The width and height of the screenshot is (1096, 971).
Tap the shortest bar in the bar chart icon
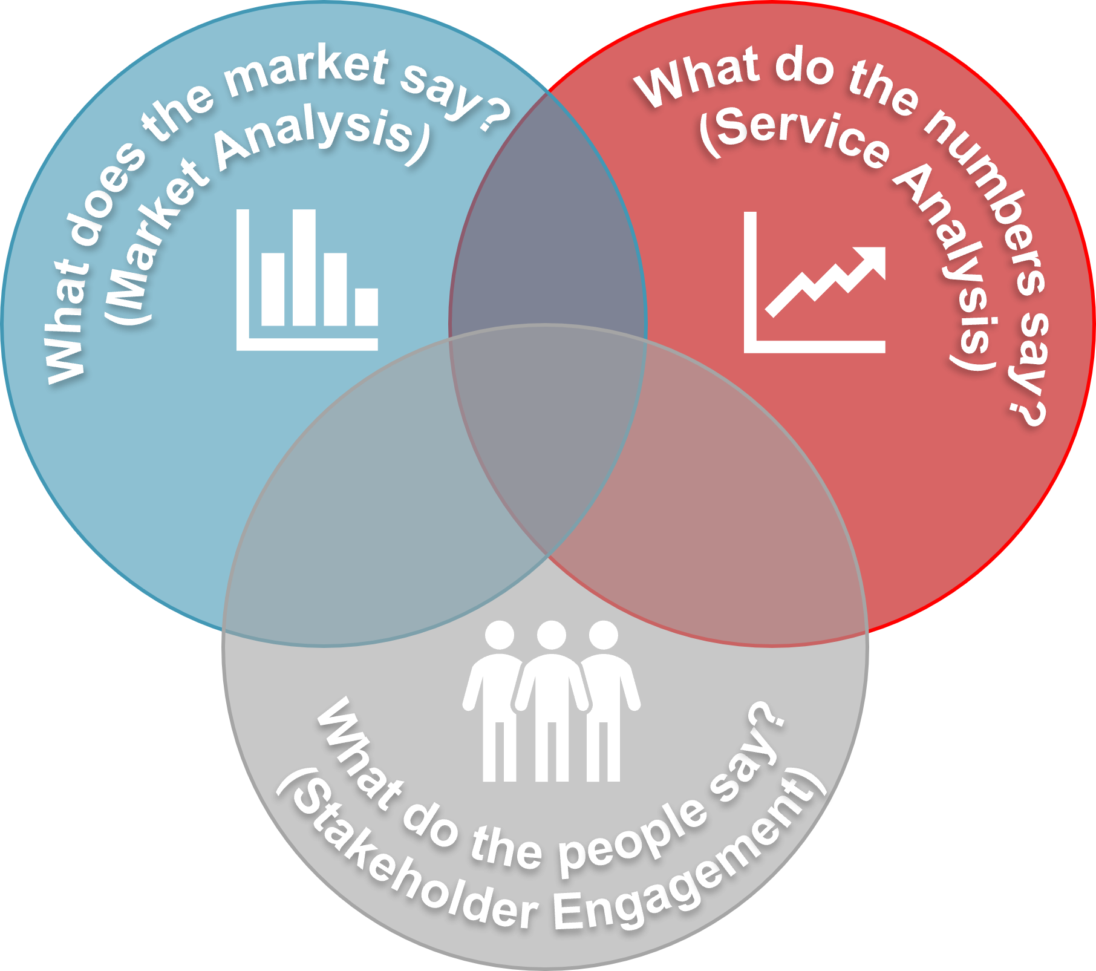click(x=367, y=307)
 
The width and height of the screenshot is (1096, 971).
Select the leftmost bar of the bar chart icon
click(x=273, y=289)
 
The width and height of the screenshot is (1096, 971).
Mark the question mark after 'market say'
click(x=493, y=115)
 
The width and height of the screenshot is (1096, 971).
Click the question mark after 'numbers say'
click(x=1028, y=411)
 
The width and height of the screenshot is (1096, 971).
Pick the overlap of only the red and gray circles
click(x=720, y=532)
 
